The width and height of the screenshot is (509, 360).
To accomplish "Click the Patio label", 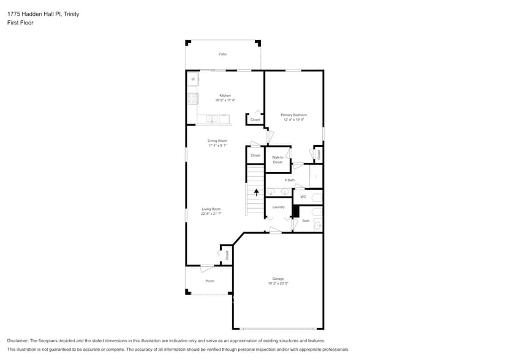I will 223,54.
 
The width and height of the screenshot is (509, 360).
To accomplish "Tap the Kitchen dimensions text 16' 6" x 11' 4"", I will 225,100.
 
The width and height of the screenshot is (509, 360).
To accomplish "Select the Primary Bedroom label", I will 293,114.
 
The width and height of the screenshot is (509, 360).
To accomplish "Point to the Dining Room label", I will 217,141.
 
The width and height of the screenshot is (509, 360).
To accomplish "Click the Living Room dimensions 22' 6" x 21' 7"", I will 211,214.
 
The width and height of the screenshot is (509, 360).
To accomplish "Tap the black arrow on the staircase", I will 256,192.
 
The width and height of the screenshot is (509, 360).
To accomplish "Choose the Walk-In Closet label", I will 277,160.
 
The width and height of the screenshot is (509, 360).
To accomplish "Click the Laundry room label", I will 279,207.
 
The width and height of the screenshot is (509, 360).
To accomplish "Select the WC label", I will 303,197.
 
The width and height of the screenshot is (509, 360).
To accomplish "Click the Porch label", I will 209,281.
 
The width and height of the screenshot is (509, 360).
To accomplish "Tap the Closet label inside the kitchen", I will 255,119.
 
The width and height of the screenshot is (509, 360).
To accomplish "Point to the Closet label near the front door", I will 227,255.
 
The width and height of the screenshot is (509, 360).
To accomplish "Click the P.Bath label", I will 290,180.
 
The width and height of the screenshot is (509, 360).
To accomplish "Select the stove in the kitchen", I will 193,97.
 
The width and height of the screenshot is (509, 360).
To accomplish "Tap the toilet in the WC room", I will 316,197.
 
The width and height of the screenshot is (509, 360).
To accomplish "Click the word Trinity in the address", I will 70,13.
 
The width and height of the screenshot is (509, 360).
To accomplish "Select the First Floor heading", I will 20,23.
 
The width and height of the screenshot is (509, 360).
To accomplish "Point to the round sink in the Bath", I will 317,225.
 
